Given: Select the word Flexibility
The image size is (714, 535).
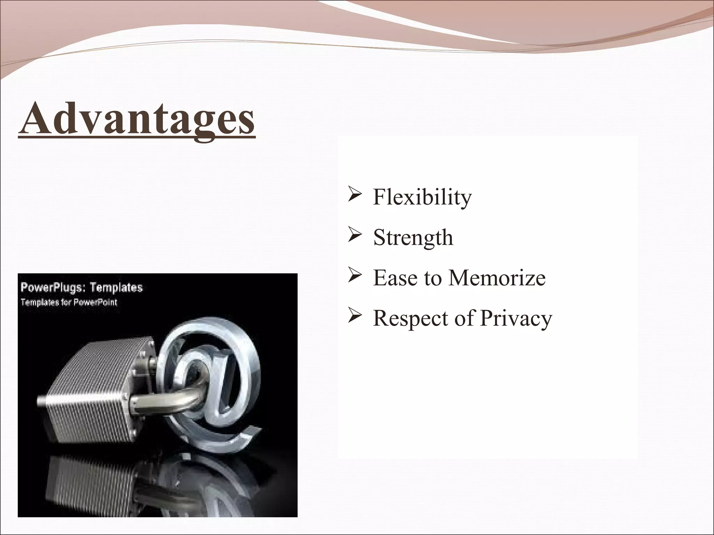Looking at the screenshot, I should pyautogui.click(x=422, y=197).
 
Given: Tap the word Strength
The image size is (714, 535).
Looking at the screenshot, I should pyautogui.click(x=413, y=238).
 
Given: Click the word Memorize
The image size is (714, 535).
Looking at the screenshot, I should pyautogui.click(x=497, y=278).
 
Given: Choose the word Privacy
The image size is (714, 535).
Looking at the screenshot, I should pyautogui.click(x=516, y=318).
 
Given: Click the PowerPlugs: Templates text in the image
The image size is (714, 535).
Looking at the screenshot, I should pyautogui.click(x=82, y=288).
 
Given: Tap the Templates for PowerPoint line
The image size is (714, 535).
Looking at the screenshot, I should pyautogui.click(x=69, y=302).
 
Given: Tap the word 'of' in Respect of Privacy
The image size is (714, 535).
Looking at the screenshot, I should pyautogui.click(x=464, y=318).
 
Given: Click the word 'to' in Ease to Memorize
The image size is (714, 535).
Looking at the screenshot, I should pyautogui.click(x=432, y=278).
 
